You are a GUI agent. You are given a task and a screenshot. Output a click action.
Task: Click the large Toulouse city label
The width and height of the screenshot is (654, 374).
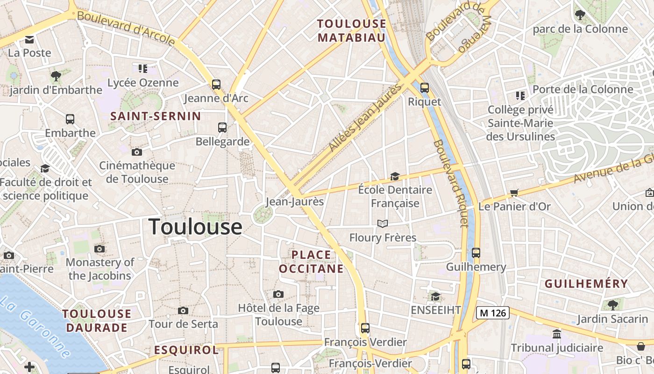click(x=195, y=227)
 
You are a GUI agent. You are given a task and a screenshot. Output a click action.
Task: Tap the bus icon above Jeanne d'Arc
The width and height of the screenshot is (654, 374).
click(x=216, y=84)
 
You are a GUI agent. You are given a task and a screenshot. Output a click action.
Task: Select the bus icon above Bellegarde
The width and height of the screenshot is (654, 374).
click(x=222, y=127)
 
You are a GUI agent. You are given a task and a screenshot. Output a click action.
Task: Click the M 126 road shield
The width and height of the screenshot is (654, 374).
click(x=492, y=313)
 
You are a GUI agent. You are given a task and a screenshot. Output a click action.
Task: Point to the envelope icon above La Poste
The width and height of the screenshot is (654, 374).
click(x=30, y=39)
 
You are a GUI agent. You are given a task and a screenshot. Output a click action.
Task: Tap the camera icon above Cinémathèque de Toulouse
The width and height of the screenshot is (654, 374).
click(x=136, y=152)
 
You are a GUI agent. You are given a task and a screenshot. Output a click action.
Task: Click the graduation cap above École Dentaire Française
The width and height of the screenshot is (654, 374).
click(x=395, y=176)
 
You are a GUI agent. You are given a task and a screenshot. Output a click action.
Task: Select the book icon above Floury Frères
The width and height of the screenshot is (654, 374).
click(x=383, y=223)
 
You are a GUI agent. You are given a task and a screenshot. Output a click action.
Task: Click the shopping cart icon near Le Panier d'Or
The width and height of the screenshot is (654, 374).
click(x=514, y=193)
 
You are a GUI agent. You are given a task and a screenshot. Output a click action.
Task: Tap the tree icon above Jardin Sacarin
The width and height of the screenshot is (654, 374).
click(x=613, y=305)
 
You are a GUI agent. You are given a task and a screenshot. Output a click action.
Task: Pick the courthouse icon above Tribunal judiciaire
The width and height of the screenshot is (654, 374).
click(x=557, y=334)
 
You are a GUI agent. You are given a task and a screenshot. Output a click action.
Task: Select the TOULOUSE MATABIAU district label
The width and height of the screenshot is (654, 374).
click(x=352, y=30)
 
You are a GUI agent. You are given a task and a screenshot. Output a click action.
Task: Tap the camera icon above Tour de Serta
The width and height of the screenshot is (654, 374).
click(x=183, y=310)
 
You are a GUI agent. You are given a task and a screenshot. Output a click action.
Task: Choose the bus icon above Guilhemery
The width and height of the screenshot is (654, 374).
click(x=476, y=253)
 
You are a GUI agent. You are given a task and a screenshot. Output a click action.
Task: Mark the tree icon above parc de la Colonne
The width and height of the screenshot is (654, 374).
click(x=580, y=15)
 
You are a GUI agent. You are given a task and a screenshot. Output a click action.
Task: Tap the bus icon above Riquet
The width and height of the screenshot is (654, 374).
click(x=424, y=87)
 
